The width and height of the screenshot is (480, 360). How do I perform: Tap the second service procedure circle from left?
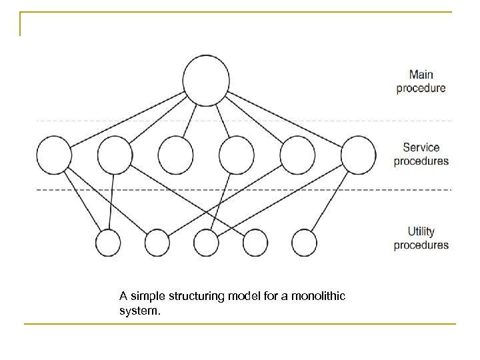coord(115,155)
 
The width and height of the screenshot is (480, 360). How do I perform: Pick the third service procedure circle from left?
coord(176,155)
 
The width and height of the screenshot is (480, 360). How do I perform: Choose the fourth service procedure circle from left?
coord(237,155)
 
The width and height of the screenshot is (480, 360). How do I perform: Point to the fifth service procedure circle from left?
coord(297,155)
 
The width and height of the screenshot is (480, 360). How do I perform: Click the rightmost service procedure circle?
coord(358,155)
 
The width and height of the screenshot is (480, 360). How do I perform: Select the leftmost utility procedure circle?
coord(109,243)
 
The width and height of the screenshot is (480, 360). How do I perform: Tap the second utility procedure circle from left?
coord(159,243)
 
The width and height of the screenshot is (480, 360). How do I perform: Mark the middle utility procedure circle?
coord(207,243)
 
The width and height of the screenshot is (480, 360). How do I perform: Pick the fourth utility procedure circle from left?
coord(257,243)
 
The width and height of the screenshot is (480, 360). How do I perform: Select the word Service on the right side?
coord(421,147)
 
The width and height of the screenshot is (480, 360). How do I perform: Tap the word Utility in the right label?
coord(421,231)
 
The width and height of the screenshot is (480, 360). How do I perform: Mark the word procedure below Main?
coord(421,87)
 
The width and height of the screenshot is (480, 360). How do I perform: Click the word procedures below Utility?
coord(421,245)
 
